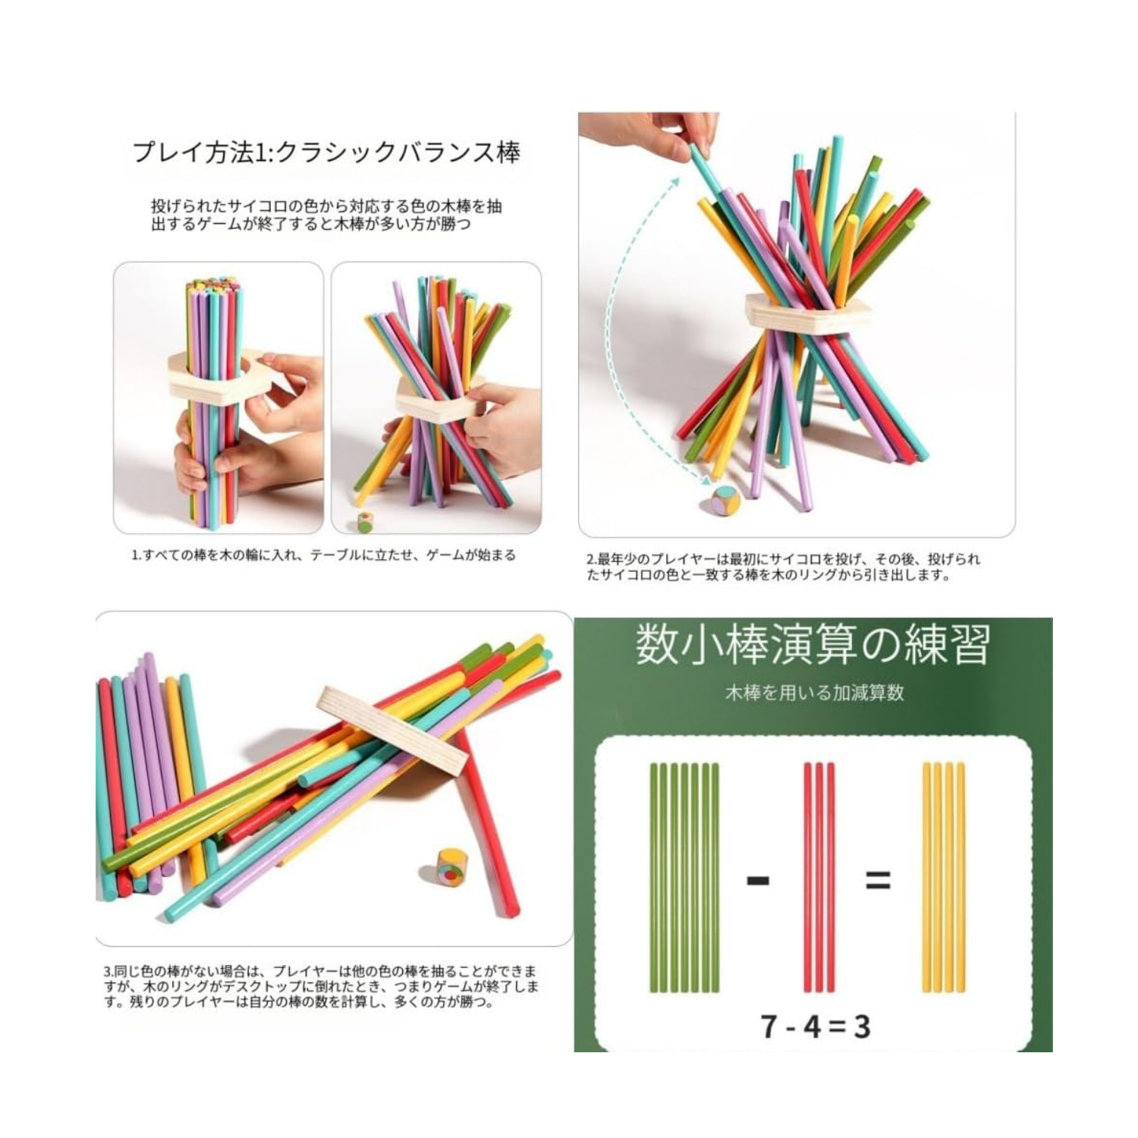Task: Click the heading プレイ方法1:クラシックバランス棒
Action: [x=326, y=152]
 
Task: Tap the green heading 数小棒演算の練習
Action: [x=813, y=645]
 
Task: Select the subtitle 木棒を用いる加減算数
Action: [x=814, y=693]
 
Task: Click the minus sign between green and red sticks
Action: [x=758, y=881]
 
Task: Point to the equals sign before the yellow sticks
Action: [x=877, y=881]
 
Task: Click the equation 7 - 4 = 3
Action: [x=815, y=1026]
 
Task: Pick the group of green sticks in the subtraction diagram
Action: [x=684, y=878]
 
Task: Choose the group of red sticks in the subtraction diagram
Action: [x=819, y=878]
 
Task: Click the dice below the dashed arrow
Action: [x=725, y=502]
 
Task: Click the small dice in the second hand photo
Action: [x=365, y=523]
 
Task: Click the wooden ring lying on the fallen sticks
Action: [x=391, y=730]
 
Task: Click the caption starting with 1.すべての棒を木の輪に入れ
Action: [x=323, y=555]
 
